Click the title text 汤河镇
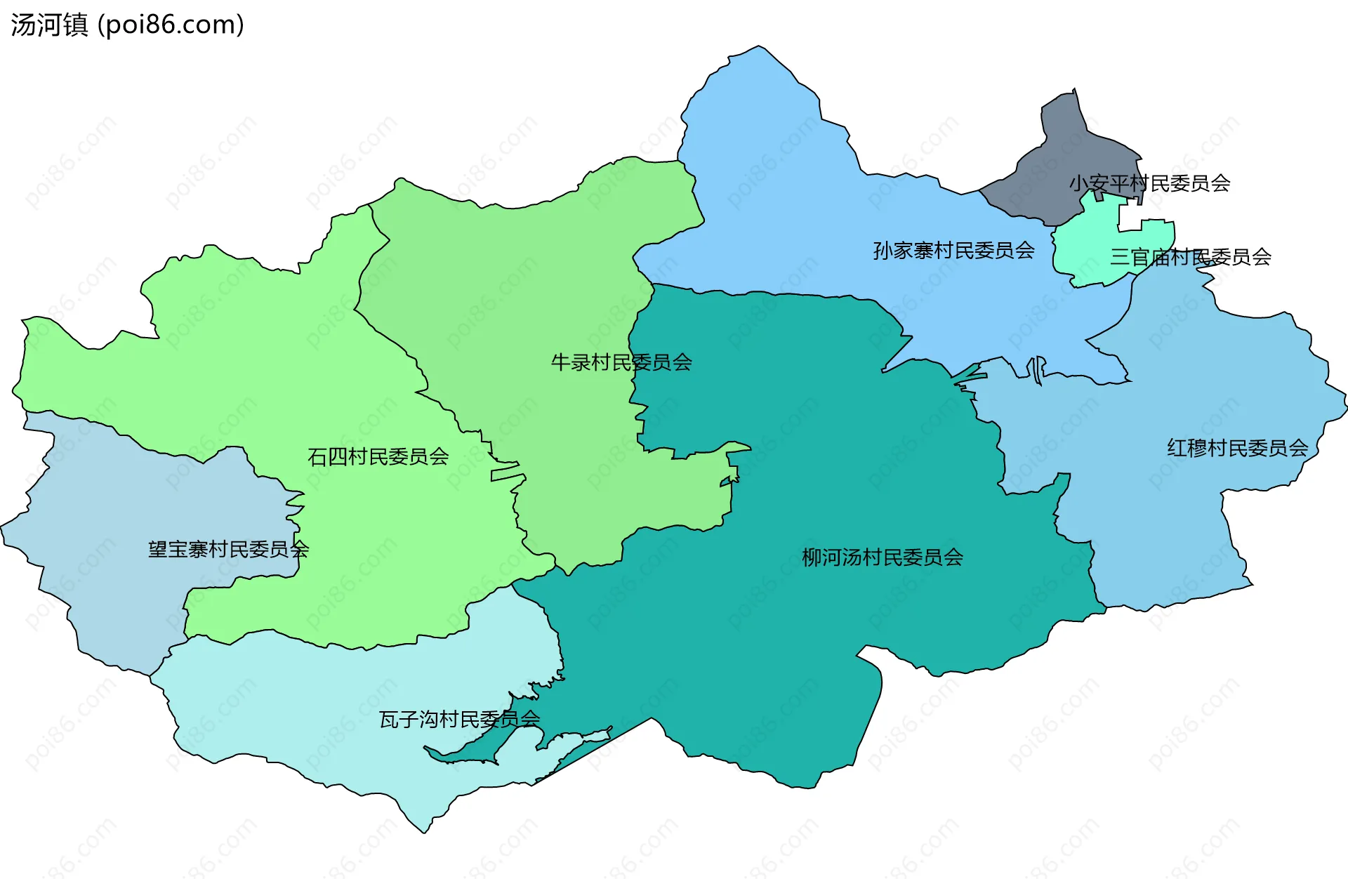pyautogui.click(x=49, y=25)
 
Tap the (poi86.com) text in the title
pyautogui.click(x=171, y=25)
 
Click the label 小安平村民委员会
pyautogui.click(x=1149, y=183)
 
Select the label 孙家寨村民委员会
pyautogui.click(x=953, y=250)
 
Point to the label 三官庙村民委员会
pyautogui.click(x=1190, y=257)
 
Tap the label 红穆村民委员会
pyautogui.click(x=1237, y=448)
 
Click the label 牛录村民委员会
pyautogui.click(x=621, y=362)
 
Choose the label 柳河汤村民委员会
pyautogui.click(x=882, y=557)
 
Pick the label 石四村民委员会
pyautogui.click(x=378, y=457)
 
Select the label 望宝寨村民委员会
pyautogui.click(x=227, y=549)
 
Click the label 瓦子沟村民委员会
pyautogui.click(x=459, y=719)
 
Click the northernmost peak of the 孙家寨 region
pyautogui.click(x=758, y=47)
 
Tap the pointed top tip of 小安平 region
pyautogui.click(x=1074, y=90)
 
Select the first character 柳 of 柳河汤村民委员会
pyautogui.click(x=812, y=557)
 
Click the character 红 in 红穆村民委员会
pyautogui.click(x=1177, y=448)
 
